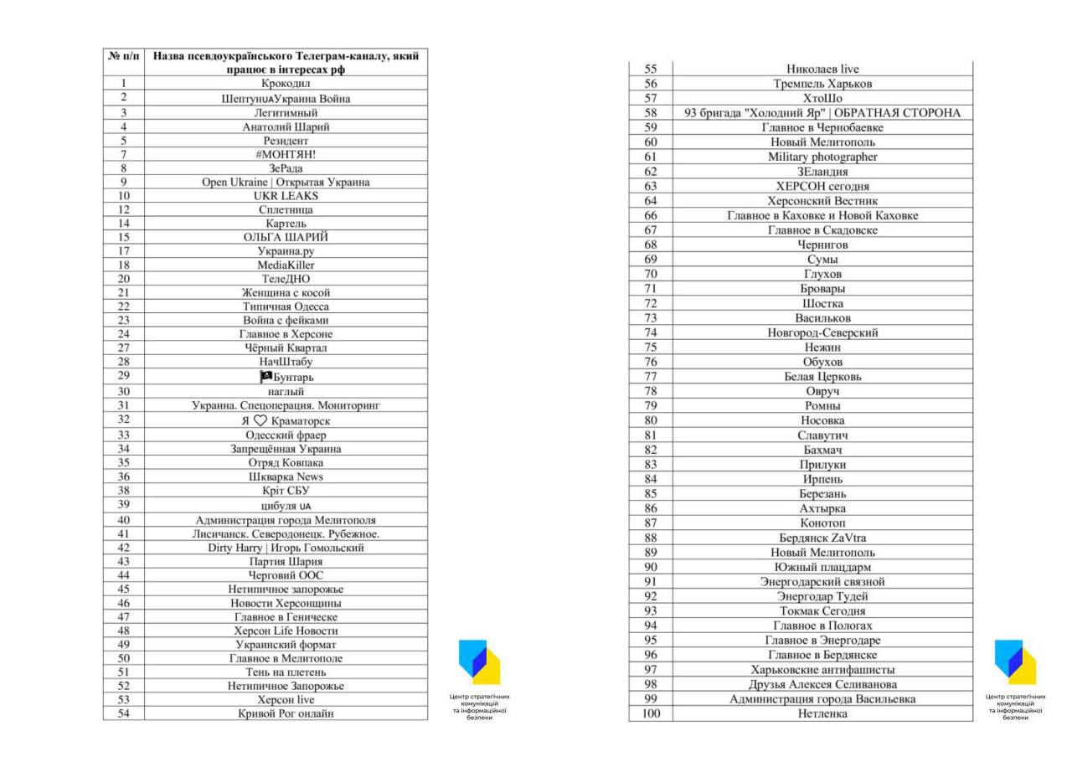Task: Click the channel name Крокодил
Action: pos(286,84)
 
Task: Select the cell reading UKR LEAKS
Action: pos(286,196)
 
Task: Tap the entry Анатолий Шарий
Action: pos(286,127)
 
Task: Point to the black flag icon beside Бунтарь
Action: pos(266,377)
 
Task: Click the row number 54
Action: pos(124,713)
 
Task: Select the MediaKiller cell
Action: pos(286,265)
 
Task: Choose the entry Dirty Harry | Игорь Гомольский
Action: pos(286,548)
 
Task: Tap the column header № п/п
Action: pos(124,56)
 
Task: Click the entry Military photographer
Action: pos(822,157)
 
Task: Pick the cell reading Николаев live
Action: pos(822,69)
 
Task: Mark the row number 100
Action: pos(651,713)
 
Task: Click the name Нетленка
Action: pos(822,713)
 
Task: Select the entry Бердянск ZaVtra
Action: pos(822,538)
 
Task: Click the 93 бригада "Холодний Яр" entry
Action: pos(822,113)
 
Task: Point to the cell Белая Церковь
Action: pos(822,377)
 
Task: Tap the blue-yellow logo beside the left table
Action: pos(479,662)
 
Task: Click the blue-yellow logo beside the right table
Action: pos(1015,662)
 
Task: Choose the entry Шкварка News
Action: pos(286,476)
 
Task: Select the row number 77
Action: pos(651,377)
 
